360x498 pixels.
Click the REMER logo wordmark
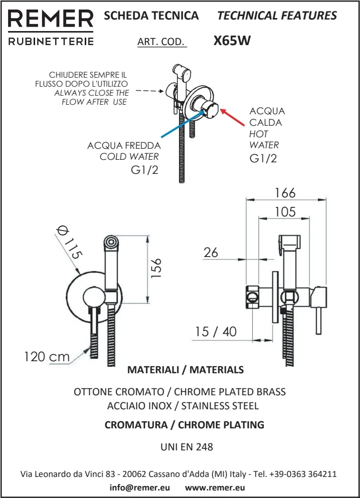click(x=51, y=20)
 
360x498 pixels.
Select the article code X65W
click(x=232, y=41)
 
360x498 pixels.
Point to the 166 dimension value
click(x=285, y=193)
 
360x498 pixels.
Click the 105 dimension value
click(x=285, y=212)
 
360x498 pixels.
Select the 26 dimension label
click(x=211, y=253)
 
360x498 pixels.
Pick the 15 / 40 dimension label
click(x=217, y=332)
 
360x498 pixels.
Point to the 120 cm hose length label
click(x=47, y=357)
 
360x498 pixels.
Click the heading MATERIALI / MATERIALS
click(x=186, y=370)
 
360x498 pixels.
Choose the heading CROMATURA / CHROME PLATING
click(x=184, y=425)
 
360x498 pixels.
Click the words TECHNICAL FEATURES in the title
click(x=277, y=16)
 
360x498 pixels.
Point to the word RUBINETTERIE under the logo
click(x=51, y=42)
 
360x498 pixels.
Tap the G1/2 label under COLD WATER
click(x=144, y=170)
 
